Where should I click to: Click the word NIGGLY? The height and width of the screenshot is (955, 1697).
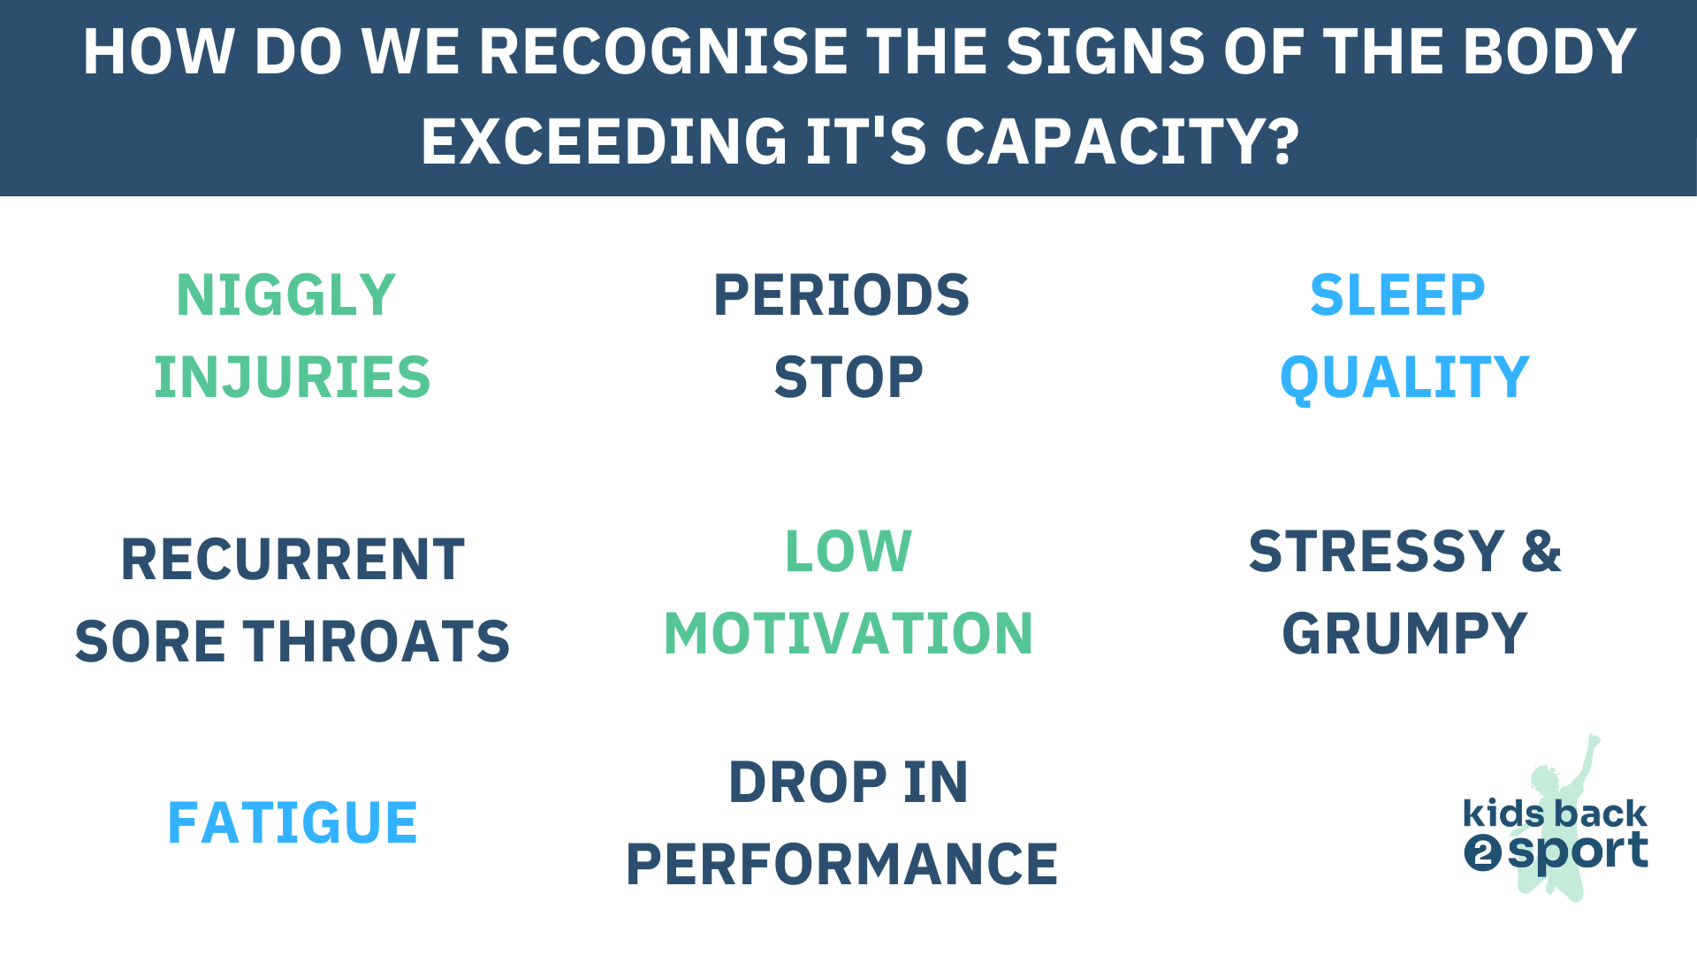285,295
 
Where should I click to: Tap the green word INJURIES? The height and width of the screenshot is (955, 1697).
293,378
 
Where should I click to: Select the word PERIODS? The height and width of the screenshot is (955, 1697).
841,295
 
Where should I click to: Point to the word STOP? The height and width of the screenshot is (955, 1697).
848,378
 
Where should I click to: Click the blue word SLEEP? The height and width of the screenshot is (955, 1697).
1397,295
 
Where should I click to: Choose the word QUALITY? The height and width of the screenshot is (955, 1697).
1404,378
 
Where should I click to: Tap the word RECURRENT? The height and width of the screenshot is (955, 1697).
293,560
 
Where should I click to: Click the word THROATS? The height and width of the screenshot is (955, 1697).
377,642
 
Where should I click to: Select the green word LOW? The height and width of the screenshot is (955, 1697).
848,552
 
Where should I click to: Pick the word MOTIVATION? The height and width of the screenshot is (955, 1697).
848,634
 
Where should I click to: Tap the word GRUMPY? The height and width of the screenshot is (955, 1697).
1404,634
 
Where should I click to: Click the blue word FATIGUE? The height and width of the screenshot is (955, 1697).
293,823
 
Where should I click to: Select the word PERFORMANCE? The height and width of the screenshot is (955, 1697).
841,865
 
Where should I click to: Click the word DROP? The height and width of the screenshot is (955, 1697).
807,783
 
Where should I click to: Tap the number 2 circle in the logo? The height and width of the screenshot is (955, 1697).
1482,853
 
